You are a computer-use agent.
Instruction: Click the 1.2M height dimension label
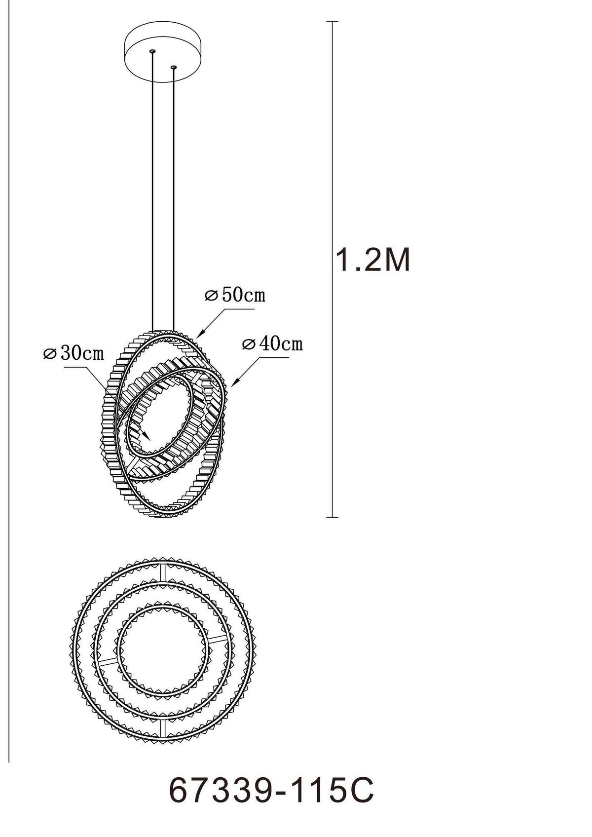point(373,260)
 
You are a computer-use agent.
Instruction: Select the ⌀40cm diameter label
point(272,344)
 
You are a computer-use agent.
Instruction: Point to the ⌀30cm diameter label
point(74,353)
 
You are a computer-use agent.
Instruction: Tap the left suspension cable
point(153,197)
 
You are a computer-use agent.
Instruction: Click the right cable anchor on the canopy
point(173,66)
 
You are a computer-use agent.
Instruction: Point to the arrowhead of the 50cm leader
point(200,336)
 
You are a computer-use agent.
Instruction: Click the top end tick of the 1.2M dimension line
point(333,22)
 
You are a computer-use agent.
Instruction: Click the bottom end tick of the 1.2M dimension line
point(333,517)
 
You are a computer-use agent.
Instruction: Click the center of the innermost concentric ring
point(162,650)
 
